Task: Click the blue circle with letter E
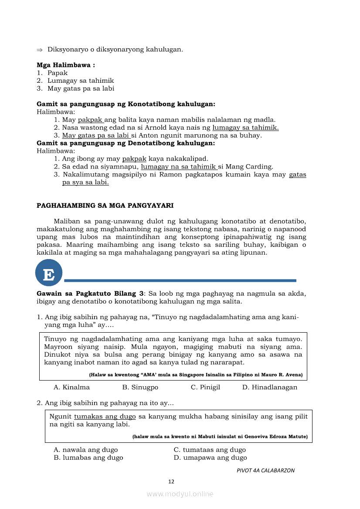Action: point(49,273)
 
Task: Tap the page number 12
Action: point(171,482)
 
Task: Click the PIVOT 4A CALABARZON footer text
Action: point(265,470)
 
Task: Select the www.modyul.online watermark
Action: point(180,494)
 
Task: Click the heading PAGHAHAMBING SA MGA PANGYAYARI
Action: point(105,205)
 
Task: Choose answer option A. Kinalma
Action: point(71,387)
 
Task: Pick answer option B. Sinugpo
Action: point(140,387)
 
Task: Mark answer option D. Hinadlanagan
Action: point(270,387)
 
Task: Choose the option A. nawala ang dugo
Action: point(85,450)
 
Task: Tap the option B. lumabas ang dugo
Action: point(88,458)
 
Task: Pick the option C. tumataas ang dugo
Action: point(210,450)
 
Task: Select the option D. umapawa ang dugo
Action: point(210,458)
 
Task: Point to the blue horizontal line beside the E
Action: point(180,280)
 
